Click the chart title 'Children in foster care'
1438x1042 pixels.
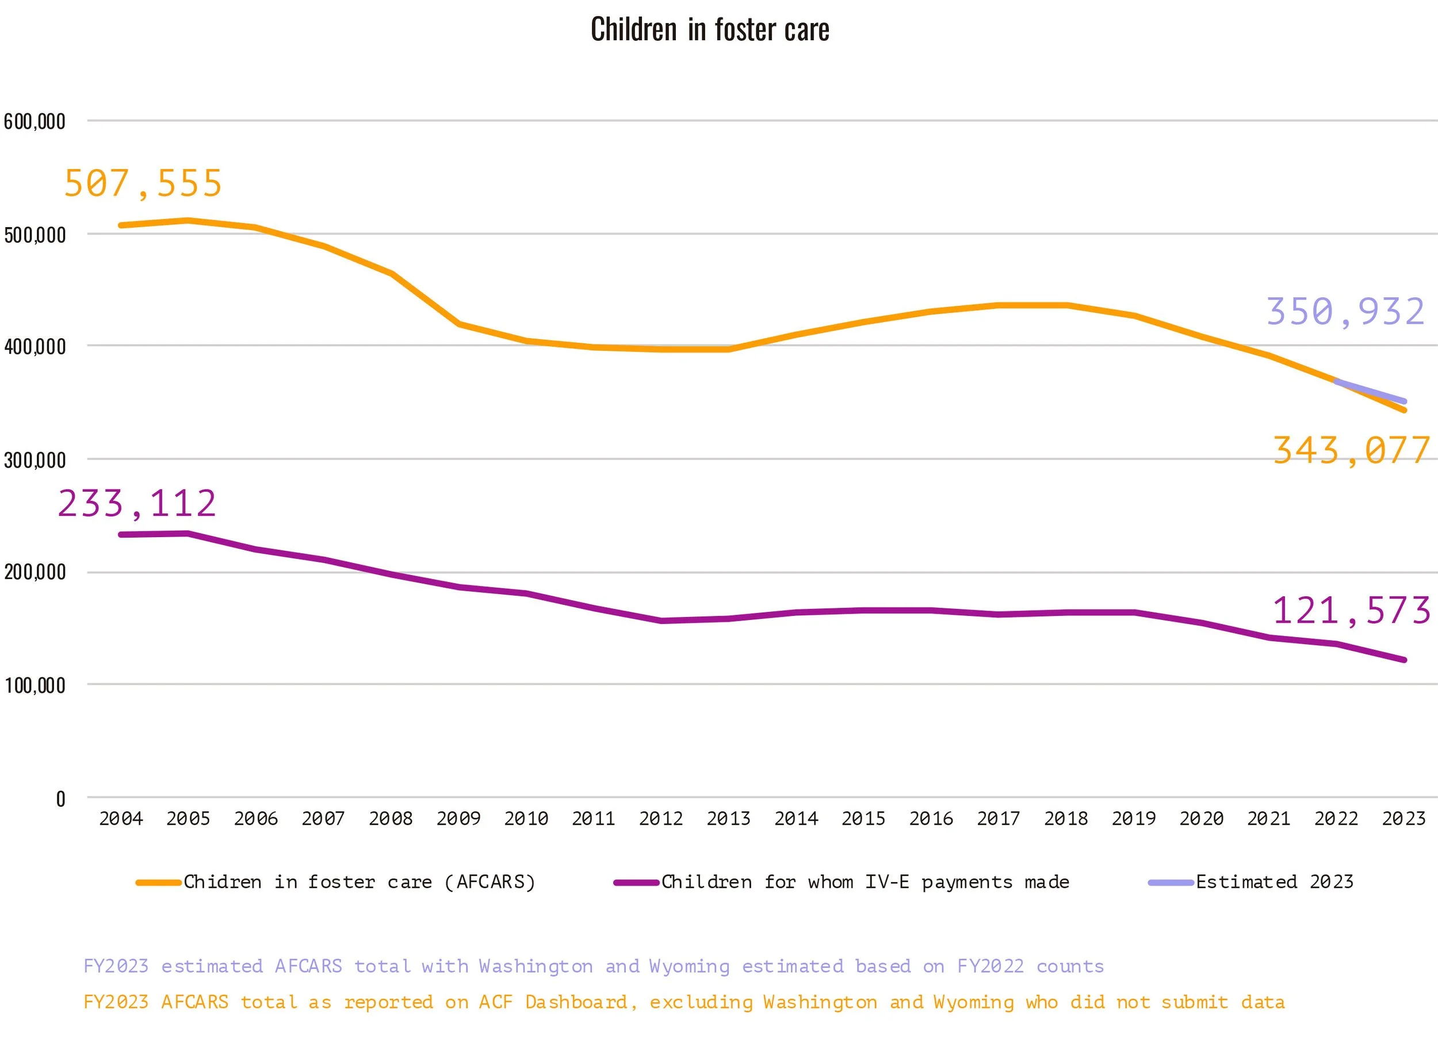tap(709, 30)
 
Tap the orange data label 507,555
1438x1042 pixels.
tap(143, 184)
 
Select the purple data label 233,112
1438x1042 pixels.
tap(137, 504)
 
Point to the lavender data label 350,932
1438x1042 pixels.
tap(1345, 312)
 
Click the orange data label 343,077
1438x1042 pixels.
tap(1351, 451)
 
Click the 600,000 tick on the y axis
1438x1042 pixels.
tap(35, 122)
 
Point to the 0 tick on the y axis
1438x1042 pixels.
tap(61, 799)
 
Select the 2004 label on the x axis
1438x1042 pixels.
tap(121, 819)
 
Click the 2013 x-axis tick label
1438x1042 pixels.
tap(729, 819)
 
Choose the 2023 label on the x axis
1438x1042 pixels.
tap(1403, 819)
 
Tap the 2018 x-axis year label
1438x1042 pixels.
tap(1066, 819)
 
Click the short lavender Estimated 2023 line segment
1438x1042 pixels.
tap(1370, 391)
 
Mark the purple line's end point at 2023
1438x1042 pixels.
tap(1405, 660)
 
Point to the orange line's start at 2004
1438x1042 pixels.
tap(121, 225)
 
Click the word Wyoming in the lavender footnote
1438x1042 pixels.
tap(689, 966)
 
